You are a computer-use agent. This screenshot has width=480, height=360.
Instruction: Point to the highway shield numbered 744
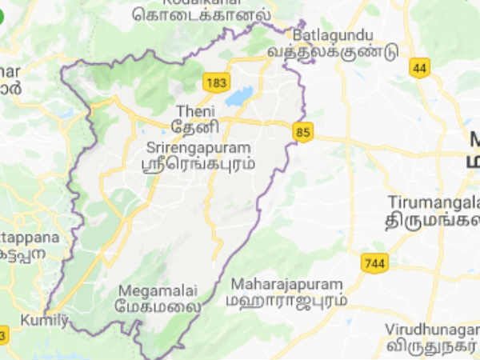pos(374,262)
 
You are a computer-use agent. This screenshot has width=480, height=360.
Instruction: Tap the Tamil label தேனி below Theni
pos(189,126)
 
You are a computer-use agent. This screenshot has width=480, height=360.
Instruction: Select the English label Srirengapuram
pos(199,148)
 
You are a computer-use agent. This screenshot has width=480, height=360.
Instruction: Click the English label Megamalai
pos(151,291)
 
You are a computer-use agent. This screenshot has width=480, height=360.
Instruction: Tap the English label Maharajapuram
pos(286,284)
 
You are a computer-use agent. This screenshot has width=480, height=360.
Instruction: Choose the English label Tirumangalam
pos(433,201)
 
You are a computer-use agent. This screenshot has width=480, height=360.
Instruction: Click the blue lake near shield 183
pos(238,97)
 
